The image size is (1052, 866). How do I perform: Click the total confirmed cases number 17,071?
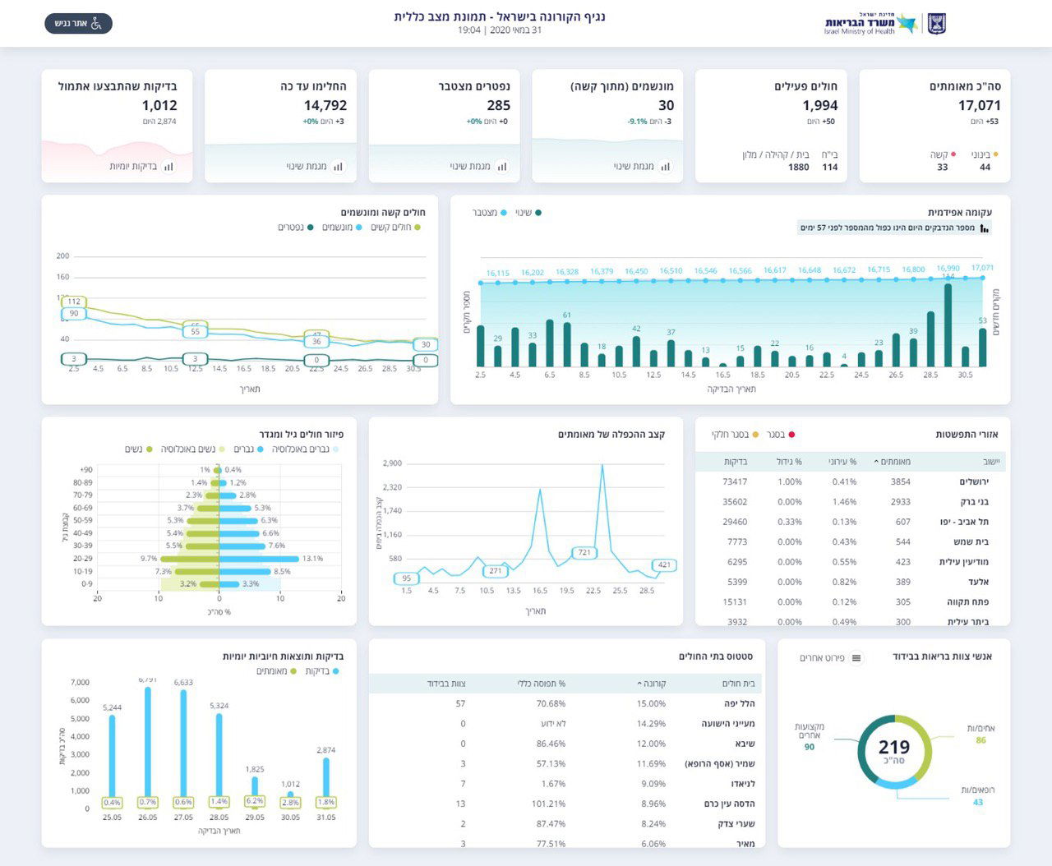(x=979, y=105)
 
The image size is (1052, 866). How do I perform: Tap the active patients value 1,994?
(x=819, y=105)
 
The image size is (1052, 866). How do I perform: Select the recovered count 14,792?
(x=325, y=105)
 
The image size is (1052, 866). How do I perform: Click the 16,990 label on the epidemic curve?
(x=948, y=269)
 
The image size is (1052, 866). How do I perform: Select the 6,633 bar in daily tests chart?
(x=183, y=744)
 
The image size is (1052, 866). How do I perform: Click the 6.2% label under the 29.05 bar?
(x=255, y=801)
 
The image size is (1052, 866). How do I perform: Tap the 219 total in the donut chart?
(x=894, y=747)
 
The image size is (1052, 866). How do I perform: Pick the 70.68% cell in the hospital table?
(x=550, y=703)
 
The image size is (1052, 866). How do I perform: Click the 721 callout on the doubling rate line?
(x=584, y=552)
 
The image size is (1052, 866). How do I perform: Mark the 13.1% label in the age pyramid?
(x=312, y=559)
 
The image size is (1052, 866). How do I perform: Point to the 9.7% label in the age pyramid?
(x=149, y=559)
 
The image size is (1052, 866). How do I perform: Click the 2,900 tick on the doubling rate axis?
(x=392, y=463)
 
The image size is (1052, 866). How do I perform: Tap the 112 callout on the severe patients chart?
(x=74, y=302)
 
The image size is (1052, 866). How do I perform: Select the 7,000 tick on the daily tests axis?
(x=80, y=683)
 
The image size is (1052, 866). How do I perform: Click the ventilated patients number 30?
(x=666, y=105)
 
